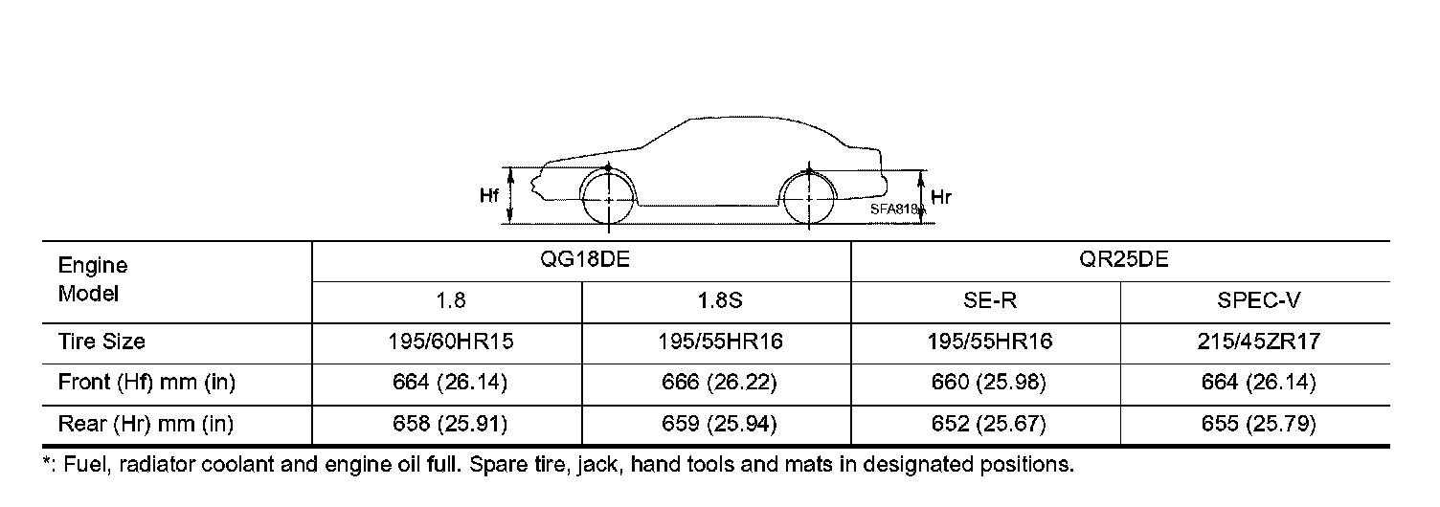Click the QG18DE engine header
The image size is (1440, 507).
click(584, 259)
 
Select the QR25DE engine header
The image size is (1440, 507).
click(1123, 259)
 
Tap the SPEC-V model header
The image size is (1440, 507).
click(1258, 300)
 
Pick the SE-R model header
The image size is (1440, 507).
click(989, 300)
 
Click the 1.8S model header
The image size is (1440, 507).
click(720, 300)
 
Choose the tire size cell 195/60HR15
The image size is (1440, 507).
click(451, 342)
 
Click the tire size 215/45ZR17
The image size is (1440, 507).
click(1258, 342)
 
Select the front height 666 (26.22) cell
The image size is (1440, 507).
click(719, 383)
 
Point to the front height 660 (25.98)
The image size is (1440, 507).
click(989, 383)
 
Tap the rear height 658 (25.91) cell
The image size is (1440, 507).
click(450, 424)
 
